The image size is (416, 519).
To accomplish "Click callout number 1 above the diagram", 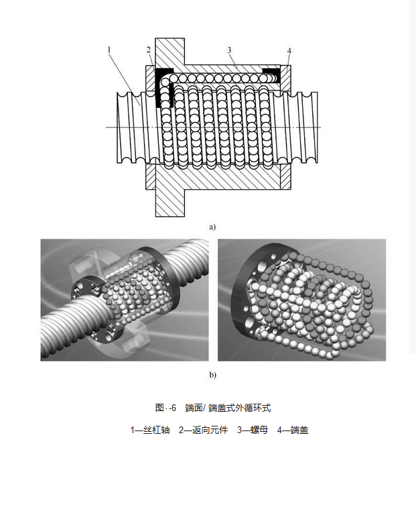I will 108,50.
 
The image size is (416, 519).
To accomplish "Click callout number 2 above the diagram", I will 149,50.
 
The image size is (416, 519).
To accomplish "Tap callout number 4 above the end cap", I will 289,50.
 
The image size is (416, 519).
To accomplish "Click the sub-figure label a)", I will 212,227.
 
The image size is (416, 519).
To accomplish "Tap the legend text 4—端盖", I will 292,430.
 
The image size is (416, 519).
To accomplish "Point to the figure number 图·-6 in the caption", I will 165,408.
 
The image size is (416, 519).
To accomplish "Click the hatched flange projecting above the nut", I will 169,50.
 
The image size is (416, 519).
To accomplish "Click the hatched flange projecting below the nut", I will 169,201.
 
